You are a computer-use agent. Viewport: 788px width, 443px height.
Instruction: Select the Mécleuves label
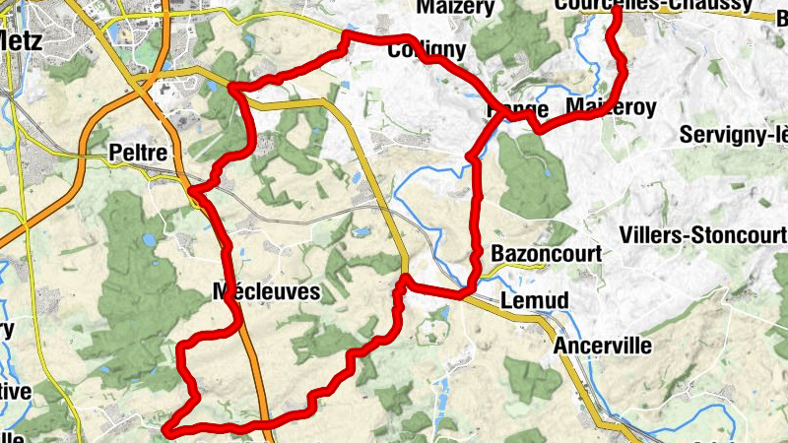(x=252, y=291)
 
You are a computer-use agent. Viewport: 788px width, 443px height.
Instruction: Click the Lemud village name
(x=535, y=299)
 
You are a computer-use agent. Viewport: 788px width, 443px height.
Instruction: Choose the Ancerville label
(x=603, y=346)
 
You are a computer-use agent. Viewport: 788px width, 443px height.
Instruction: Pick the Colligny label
(x=427, y=49)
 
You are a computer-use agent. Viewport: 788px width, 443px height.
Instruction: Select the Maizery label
(x=454, y=8)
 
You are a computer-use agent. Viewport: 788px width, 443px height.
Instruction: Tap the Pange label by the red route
(x=517, y=109)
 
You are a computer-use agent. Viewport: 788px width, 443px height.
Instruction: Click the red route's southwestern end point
(x=167, y=429)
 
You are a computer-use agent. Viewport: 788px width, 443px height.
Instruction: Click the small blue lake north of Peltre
(x=212, y=87)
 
